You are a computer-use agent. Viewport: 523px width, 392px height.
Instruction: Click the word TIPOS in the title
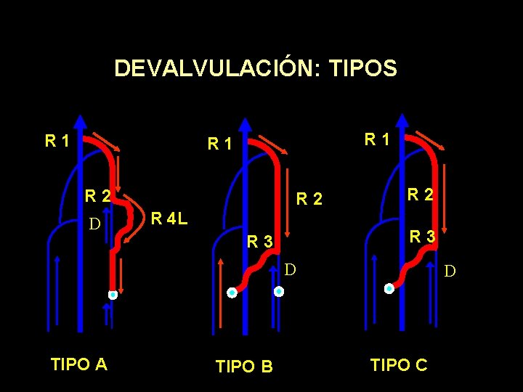point(363,68)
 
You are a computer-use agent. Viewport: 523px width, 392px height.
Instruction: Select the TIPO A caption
point(79,364)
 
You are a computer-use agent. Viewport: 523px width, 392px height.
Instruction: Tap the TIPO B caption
point(244,367)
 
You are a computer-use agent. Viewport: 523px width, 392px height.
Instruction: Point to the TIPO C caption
point(399,364)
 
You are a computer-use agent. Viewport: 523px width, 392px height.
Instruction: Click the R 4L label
point(169,217)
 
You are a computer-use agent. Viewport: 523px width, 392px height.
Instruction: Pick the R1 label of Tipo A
point(57,140)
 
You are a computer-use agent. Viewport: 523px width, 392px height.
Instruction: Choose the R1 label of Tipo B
point(219,144)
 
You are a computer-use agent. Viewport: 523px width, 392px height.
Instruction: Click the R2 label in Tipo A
point(97,195)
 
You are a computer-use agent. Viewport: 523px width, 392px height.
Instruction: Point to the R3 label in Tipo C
point(422,236)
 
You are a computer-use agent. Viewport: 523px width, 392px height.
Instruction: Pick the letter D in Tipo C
point(450,271)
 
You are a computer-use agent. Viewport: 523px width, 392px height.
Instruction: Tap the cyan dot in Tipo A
point(113,295)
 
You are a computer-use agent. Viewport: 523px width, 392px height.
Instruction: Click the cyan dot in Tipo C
point(389,288)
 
